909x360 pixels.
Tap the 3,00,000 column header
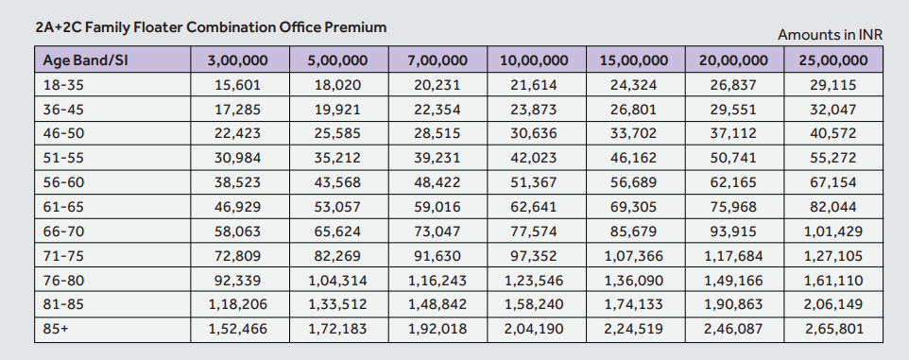pos(237,60)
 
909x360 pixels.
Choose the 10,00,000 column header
pos(534,60)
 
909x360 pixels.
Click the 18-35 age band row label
pos(63,85)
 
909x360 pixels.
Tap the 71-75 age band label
pos(63,255)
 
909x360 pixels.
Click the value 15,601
pos(237,85)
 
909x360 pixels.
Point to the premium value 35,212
pos(336,158)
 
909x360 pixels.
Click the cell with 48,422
pos(436,182)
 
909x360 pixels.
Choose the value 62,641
pos(534,207)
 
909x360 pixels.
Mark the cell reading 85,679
pos(633,231)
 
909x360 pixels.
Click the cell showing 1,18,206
pos(237,304)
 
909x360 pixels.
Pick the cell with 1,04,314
pos(336,280)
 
